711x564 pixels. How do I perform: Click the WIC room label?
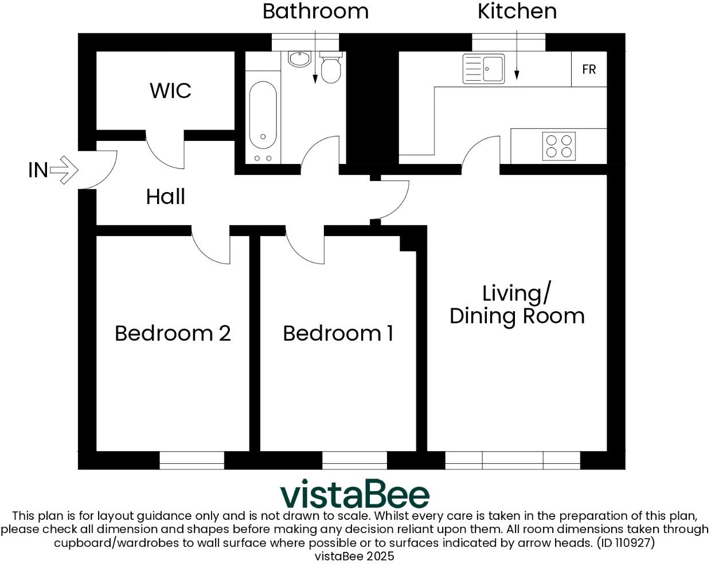point(170,91)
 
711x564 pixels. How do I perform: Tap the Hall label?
point(166,197)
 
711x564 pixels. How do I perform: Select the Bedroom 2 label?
point(173,333)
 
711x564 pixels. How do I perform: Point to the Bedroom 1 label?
point(338,333)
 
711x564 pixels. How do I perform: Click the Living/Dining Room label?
point(517,304)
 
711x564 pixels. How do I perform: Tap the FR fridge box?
point(589,69)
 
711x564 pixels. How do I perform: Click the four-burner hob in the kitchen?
point(558,146)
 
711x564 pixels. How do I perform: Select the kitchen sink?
point(484,69)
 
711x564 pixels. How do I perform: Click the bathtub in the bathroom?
point(263,115)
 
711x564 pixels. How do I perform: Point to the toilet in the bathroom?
point(331,68)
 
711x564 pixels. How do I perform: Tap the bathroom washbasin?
point(299,58)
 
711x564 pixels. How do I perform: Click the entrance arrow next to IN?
point(64,170)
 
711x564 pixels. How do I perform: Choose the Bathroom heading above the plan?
point(315,11)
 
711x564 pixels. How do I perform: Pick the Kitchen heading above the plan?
point(517,11)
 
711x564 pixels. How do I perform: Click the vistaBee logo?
point(354,495)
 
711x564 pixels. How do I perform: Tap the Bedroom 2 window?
point(192,460)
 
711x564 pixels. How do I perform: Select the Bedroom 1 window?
point(354,460)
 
